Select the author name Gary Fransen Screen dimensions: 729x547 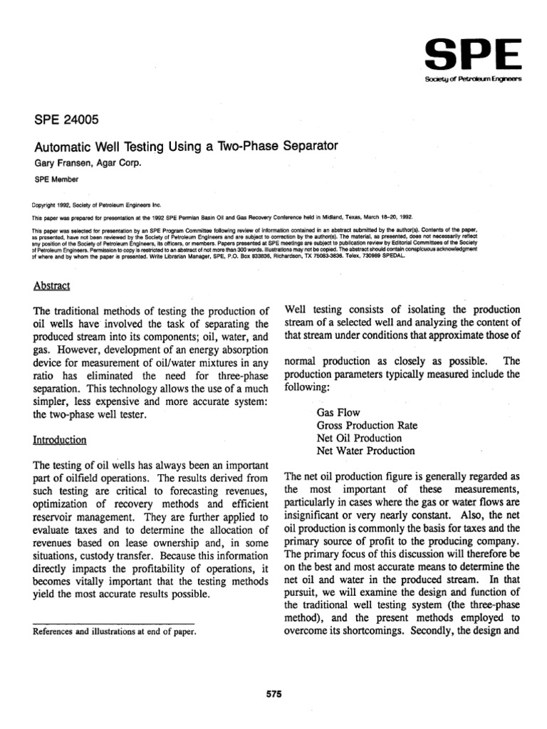(x=61, y=162)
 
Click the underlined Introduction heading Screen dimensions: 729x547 (x=61, y=440)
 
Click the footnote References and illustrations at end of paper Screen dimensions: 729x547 (x=115, y=631)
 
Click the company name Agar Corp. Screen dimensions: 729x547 (x=117, y=162)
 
